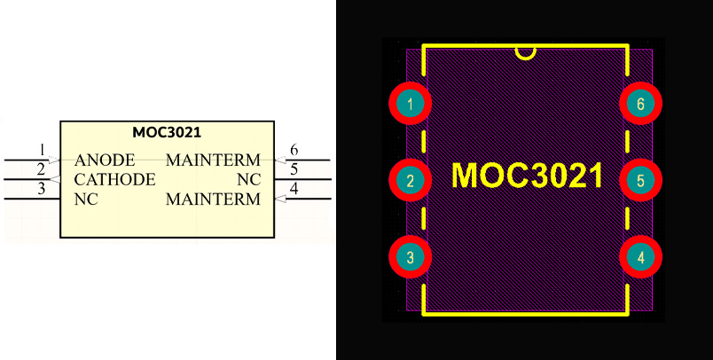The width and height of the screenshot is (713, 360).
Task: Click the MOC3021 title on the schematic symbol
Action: pos(167,133)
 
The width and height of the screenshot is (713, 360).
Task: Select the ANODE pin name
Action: pos(105,160)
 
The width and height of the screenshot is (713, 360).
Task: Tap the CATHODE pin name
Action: pos(115,180)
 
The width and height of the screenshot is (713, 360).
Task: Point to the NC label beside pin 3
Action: pos(86,200)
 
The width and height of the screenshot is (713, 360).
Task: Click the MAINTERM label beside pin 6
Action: pos(213,160)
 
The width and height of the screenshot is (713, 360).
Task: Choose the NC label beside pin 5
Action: pos(249,180)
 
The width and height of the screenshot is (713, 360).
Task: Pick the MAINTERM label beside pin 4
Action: pos(213,200)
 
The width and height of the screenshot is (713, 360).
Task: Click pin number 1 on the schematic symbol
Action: pos(41,149)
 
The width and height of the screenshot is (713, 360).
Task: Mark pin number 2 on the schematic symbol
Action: pos(41,168)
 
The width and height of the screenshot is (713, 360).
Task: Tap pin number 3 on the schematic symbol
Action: pos(41,188)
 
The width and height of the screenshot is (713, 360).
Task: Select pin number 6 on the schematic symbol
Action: pos(294,149)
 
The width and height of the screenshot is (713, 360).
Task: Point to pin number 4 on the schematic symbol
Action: pos(294,188)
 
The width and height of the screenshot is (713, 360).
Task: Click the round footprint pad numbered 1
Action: pos(410,105)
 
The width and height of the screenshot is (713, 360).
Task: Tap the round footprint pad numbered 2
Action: pos(410,181)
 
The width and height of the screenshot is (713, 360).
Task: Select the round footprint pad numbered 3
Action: pos(410,258)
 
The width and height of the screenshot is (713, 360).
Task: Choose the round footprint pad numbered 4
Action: pos(640,258)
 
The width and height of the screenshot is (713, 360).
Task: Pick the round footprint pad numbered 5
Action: pos(640,181)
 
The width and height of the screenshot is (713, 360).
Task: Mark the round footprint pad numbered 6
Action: pos(640,105)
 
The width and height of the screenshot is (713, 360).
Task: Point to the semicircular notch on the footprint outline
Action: pos(526,52)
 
